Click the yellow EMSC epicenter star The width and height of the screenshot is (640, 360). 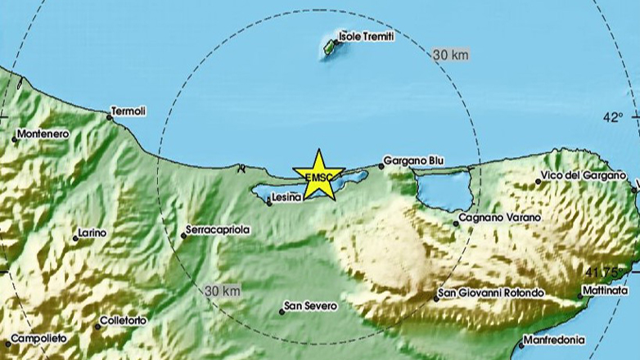click(318, 174)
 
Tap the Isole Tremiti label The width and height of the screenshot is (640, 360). click(366, 37)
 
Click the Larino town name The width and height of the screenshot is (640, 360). click(92, 233)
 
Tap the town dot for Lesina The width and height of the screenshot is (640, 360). click(269, 204)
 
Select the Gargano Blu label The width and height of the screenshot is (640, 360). click(414, 161)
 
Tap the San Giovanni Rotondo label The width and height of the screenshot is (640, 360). click(491, 293)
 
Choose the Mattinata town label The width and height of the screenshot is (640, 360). click(606, 290)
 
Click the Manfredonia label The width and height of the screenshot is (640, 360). click(554, 340)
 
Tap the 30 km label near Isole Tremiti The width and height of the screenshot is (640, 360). click(450, 56)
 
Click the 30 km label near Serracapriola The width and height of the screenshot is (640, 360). click(223, 290)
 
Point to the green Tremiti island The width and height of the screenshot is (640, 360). click(330, 48)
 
